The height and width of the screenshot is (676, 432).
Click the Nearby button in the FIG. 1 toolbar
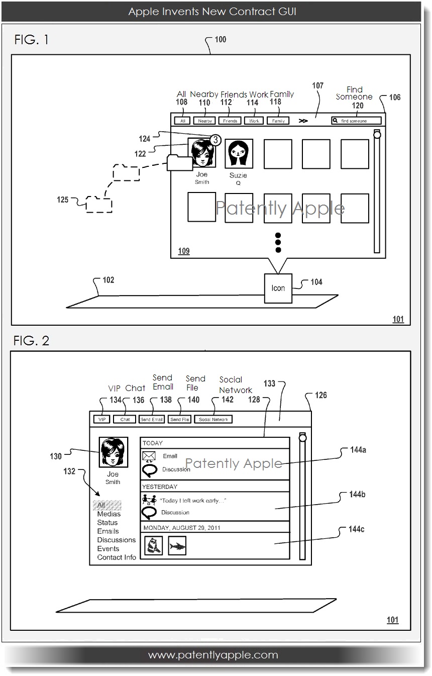click(205, 121)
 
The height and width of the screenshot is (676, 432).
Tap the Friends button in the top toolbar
click(230, 121)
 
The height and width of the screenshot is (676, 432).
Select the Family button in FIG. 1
click(278, 121)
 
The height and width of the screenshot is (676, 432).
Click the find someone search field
click(356, 121)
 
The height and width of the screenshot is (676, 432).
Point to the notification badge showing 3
click(214, 140)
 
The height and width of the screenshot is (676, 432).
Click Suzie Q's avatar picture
click(239, 153)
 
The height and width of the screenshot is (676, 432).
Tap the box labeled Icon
click(278, 288)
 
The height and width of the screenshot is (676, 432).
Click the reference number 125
click(62, 200)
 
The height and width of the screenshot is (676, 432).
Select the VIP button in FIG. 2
click(101, 419)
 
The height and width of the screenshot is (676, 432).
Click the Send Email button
click(152, 419)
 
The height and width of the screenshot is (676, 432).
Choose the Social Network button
click(213, 419)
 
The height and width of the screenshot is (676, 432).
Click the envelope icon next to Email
click(149, 456)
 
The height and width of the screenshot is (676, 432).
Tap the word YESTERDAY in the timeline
click(159, 487)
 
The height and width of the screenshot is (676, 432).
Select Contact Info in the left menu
click(117, 557)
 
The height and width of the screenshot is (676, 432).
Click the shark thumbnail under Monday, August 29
click(177, 546)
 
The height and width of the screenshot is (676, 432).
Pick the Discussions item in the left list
click(116, 540)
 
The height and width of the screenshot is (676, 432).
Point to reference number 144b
click(357, 495)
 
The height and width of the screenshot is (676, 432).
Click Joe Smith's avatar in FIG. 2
click(113, 453)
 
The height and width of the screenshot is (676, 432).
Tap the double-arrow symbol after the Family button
click(303, 121)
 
